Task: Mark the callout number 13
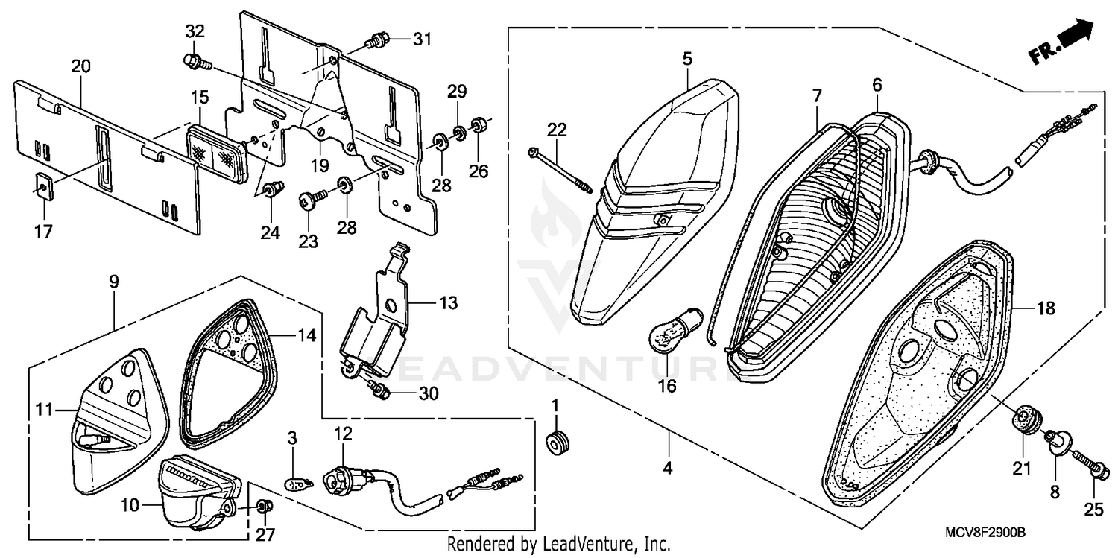pyautogui.click(x=449, y=304)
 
